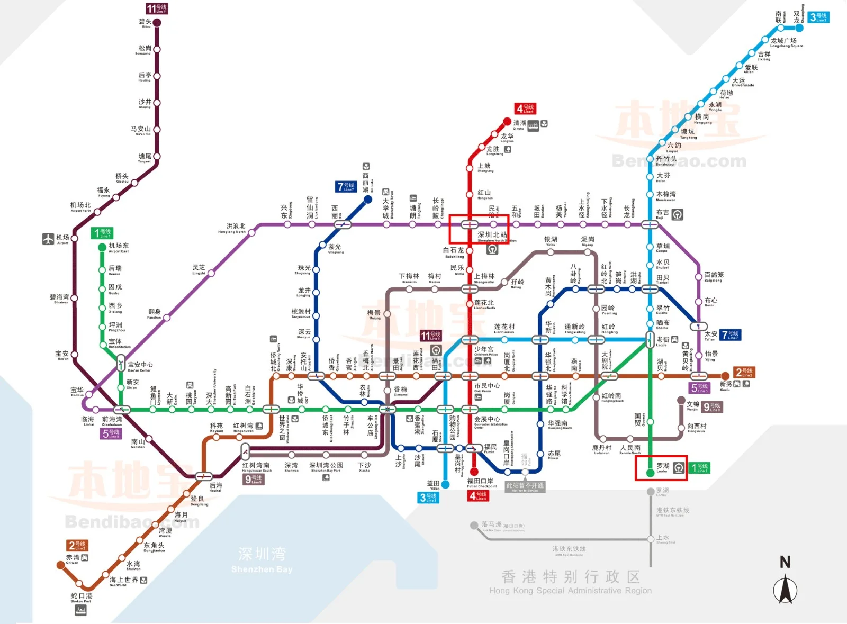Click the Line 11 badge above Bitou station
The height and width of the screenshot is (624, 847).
pos(157,8)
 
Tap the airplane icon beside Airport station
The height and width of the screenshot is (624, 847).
pos(48,239)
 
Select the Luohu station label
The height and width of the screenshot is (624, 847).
pos(663,467)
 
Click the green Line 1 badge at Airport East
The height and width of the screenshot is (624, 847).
pos(102,233)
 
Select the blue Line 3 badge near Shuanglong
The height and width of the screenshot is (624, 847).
pos(818,17)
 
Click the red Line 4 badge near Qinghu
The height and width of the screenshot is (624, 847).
pos(526,108)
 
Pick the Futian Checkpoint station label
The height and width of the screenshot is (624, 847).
pos(480,482)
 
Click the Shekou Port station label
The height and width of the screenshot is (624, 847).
pos(81,597)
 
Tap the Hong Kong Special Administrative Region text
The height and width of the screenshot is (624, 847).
pos(570,582)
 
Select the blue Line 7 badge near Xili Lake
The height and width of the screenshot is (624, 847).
pos(346,186)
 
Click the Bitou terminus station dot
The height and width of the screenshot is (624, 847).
pos(157,22)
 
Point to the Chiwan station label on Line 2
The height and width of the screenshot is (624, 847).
pos(73,559)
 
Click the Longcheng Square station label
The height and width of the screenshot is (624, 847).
pos(783,42)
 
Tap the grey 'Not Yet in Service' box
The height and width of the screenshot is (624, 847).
pos(525,486)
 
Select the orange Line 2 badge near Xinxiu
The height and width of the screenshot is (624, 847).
pos(743,372)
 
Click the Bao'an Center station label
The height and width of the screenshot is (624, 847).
pos(140,366)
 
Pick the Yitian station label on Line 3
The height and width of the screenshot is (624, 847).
pos(434,484)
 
